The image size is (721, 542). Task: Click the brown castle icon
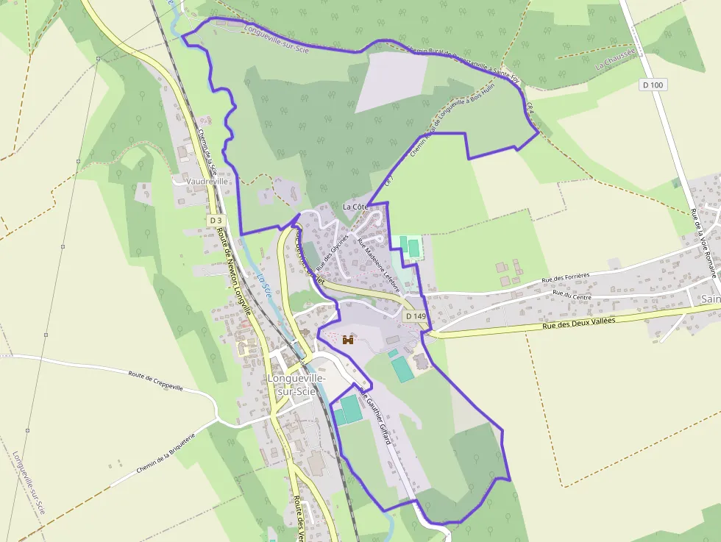[348, 340]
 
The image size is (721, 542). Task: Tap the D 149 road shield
[415, 316]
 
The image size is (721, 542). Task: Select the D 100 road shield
[653, 85]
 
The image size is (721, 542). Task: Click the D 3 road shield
[215, 220]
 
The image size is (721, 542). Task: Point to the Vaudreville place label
[208, 181]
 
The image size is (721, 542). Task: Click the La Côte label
[355, 207]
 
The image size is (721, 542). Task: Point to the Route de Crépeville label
[154, 379]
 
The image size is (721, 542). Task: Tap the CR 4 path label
[530, 110]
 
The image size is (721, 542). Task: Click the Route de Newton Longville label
[235, 270]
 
